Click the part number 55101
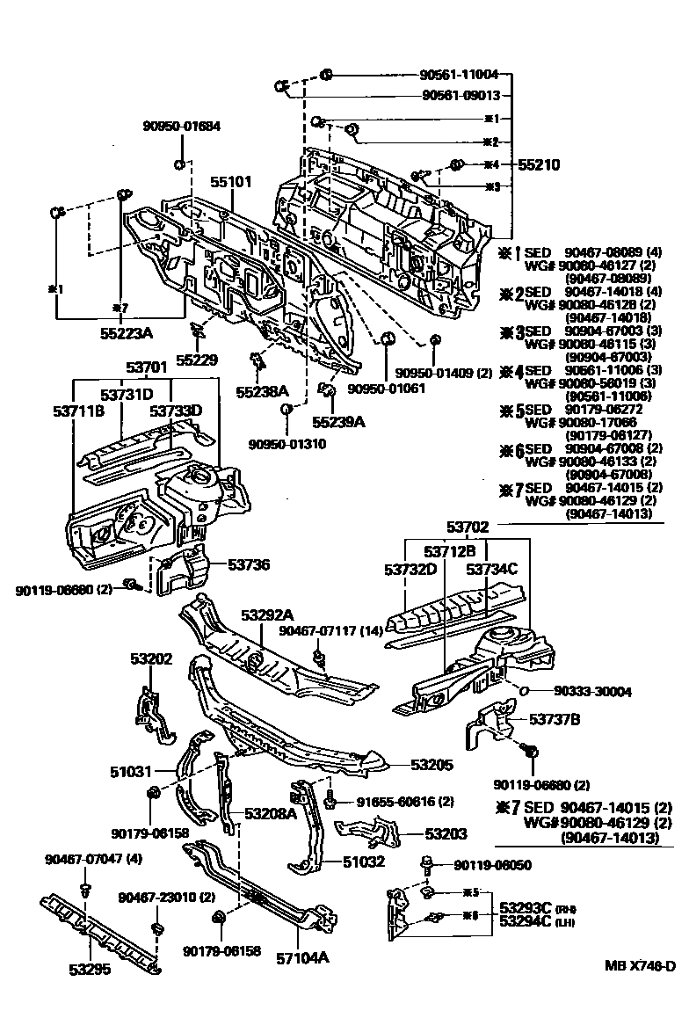pyautogui.click(x=230, y=182)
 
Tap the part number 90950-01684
pyautogui.click(x=181, y=127)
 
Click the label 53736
pyautogui.click(x=249, y=565)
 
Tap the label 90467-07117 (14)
pyautogui.click(x=332, y=631)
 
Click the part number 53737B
pyautogui.click(x=555, y=719)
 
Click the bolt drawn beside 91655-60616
pyautogui.click(x=331, y=802)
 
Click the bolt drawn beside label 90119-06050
pyautogui.click(x=426, y=863)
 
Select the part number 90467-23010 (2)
pyautogui.click(x=166, y=897)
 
